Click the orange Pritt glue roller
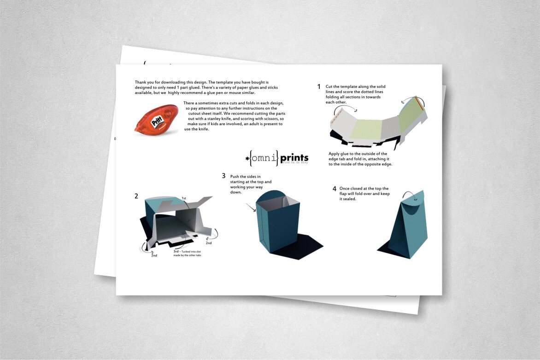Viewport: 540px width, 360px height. tap(157, 119)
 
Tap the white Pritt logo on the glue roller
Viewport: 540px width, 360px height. tap(157, 122)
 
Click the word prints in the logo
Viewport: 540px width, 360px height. tap(294, 158)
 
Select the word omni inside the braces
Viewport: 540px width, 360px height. tap(264, 158)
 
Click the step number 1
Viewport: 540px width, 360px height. tap(319, 87)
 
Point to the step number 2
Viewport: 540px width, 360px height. tap(136, 196)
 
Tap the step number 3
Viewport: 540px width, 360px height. tap(223, 176)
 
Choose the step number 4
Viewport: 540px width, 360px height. tap(335, 189)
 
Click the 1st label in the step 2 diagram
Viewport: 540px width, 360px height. tap(184, 198)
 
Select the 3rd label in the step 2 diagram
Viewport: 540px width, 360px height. tap(176, 252)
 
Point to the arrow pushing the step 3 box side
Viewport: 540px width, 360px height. tap(251, 208)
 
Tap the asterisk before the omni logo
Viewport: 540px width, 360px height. tap(247, 159)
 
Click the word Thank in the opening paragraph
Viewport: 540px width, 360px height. tap(141, 82)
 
